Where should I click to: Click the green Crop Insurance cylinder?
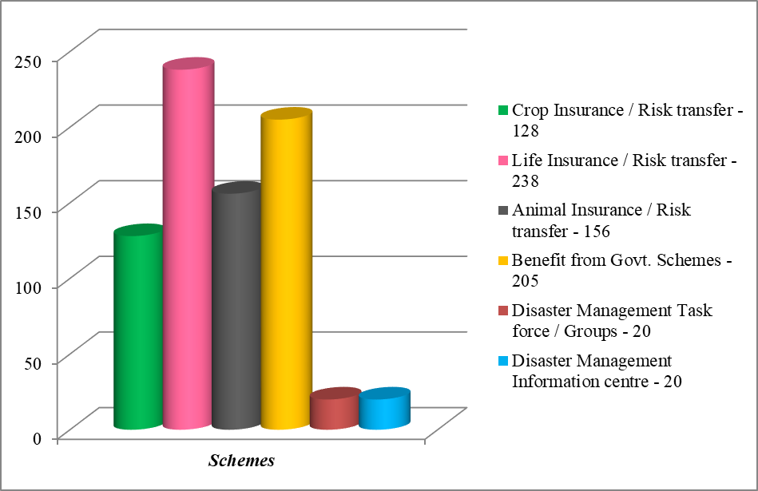(x=138, y=327)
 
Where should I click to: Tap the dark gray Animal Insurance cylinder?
(x=236, y=307)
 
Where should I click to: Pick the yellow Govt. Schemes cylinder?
(x=285, y=271)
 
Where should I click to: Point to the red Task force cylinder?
(x=334, y=410)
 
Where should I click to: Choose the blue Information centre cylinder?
(x=383, y=410)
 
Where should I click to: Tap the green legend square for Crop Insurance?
(x=502, y=110)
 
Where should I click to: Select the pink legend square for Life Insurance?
(x=502, y=160)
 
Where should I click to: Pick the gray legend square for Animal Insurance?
(x=502, y=211)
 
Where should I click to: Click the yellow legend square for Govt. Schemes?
(x=502, y=261)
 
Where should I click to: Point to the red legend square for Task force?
(x=502, y=311)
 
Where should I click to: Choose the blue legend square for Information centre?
(x=502, y=361)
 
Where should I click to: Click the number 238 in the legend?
(x=526, y=180)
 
